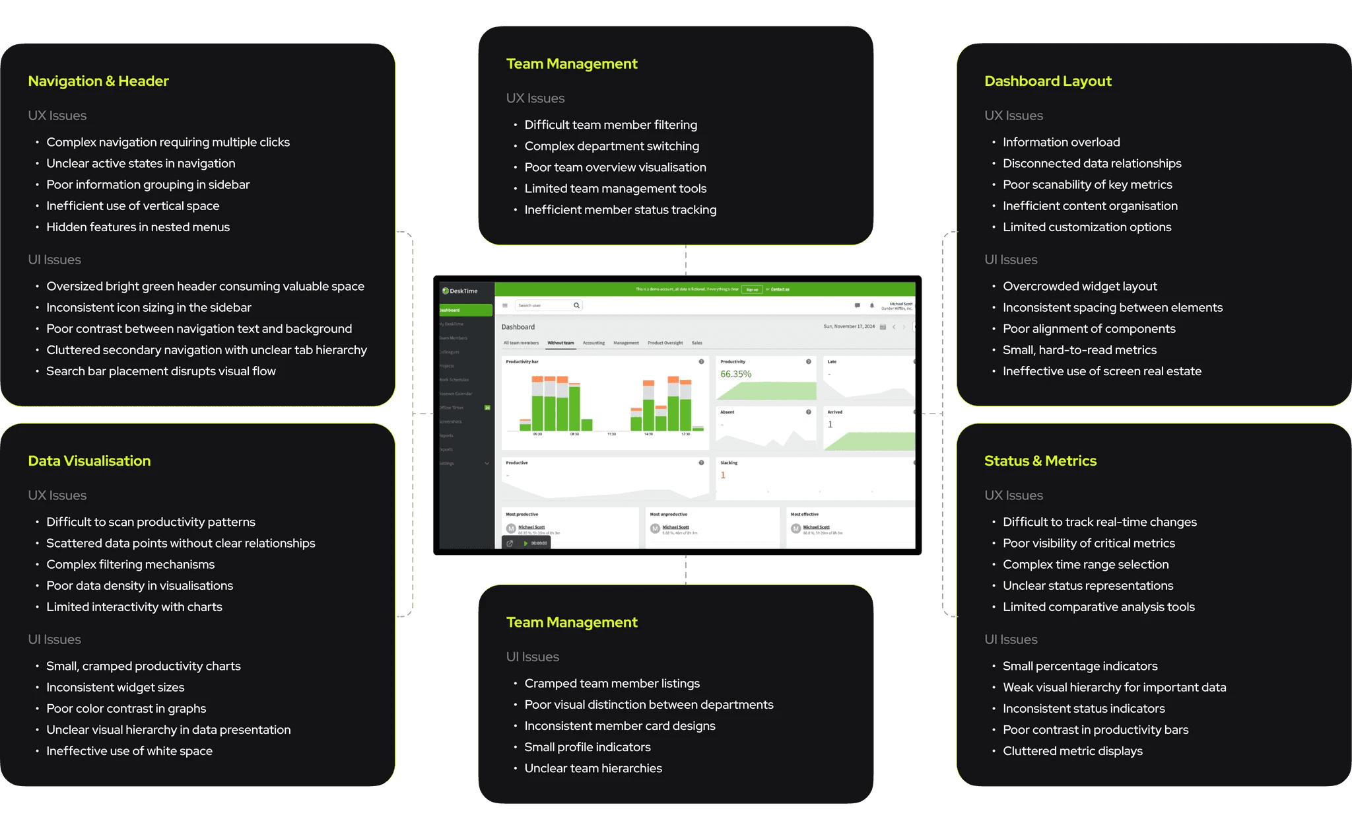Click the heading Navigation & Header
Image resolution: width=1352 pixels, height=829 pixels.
(x=98, y=81)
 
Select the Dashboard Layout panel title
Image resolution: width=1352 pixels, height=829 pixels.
(x=1048, y=81)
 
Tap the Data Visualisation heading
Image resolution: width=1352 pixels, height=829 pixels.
(x=89, y=461)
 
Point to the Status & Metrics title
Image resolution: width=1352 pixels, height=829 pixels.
(x=1040, y=461)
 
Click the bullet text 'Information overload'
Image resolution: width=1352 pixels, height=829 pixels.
(x=1061, y=142)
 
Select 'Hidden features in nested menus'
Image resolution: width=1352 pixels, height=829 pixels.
(x=138, y=227)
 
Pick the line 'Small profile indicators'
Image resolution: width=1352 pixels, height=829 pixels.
(x=587, y=747)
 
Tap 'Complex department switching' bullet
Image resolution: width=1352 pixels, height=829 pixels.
(x=611, y=146)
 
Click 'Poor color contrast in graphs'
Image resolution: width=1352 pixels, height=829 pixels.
(x=126, y=709)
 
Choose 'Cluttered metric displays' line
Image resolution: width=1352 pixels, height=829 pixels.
(x=1072, y=751)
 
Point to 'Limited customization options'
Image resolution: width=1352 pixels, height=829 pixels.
(x=1087, y=227)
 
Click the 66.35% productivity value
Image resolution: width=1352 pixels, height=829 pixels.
(x=735, y=374)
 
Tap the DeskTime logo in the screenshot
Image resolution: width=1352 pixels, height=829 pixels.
(x=460, y=291)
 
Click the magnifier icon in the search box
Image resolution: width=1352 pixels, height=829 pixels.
(x=576, y=305)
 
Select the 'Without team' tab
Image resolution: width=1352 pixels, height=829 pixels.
(x=560, y=343)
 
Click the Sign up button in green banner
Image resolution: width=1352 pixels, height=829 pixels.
(x=752, y=289)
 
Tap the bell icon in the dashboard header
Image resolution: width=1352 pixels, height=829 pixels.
(x=871, y=305)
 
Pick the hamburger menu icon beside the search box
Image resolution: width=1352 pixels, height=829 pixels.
(x=505, y=305)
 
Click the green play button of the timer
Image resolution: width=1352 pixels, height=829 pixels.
(x=525, y=543)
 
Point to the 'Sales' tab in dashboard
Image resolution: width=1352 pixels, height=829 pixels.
(x=696, y=343)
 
